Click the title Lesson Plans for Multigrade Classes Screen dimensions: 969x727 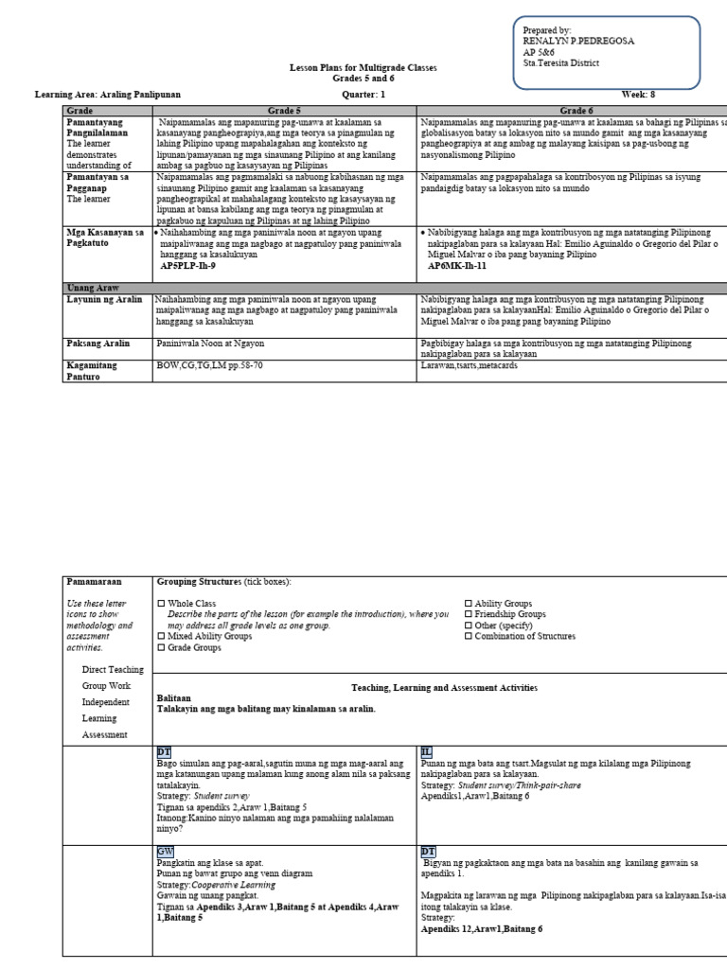pos(363,70)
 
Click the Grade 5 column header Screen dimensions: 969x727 pos(283,111)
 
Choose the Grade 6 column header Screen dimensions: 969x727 pos(573,111)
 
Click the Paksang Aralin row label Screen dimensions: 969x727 pos(98,344)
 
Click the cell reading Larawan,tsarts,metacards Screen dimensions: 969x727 pos(470,364)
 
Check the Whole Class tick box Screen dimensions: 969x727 pos(161,604)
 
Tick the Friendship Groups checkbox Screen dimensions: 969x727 pos(468,614)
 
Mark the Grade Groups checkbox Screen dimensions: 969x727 pos(161,648)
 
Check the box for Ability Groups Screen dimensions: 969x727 pos(468,604)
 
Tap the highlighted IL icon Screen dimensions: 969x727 pos(426,751)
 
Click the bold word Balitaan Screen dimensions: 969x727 pos(174,697)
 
